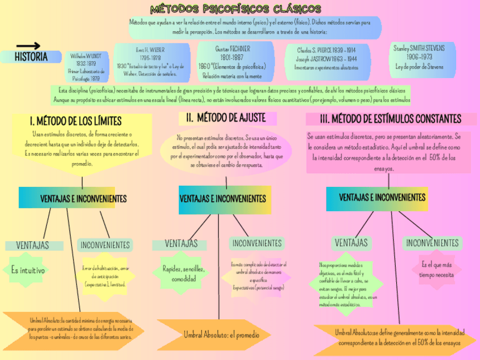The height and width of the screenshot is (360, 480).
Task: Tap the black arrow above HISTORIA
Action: tap(28, 46)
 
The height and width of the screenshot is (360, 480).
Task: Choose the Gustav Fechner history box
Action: tap(232, 62)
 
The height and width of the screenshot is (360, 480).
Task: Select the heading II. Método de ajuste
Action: tap(228, 118)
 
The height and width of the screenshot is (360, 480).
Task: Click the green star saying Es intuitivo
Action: tap(28, 270)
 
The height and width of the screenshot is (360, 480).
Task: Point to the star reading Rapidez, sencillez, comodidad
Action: tap(184, 274)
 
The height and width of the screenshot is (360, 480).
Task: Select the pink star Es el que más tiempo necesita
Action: tap(436, 269)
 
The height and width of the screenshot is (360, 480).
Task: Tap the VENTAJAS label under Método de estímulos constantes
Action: tap(351, 243)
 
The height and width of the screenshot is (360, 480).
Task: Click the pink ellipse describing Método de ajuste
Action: tap(226, 151)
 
